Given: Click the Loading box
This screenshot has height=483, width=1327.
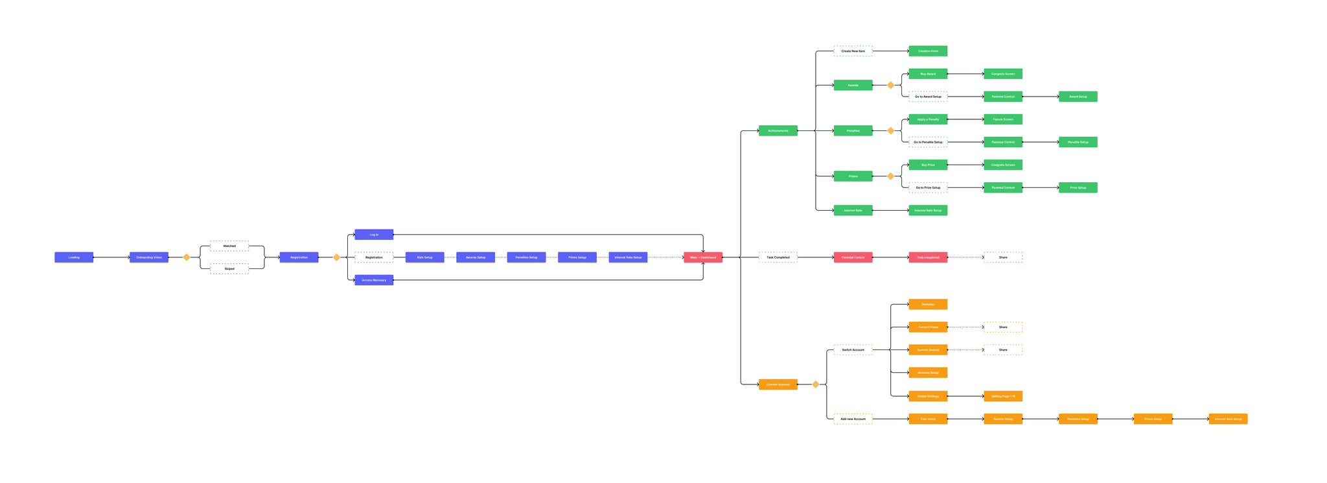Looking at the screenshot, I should click(x=74, y=257).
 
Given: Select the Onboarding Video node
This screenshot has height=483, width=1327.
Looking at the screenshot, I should click(x=149, y=257).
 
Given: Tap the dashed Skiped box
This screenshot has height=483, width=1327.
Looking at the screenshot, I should click(x=229, y=268).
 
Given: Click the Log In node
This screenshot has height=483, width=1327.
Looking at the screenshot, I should click(x=374, y=235).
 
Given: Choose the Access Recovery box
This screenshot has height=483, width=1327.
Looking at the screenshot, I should click(x=374, y=280).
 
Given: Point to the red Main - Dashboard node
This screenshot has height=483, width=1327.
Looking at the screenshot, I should click(x=703, y=257).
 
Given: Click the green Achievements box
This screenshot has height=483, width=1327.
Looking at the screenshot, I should click(x=778, y=131).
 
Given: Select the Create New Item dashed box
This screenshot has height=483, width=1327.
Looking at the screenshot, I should click(x=853, y=51).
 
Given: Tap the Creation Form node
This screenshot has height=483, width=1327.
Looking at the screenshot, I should click(x=928, y=51).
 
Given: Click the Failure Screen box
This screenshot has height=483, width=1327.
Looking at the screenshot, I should click(x=1003, y=119).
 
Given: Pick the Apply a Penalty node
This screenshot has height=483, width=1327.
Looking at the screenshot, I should click(x=928, y=119).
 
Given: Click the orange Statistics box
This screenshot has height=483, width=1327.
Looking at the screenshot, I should click(x=928, y=304).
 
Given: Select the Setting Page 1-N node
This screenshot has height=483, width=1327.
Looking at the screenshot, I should click(x=1003, y=396).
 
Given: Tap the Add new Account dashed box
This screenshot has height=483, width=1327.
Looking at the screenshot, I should click(x=853, y=419).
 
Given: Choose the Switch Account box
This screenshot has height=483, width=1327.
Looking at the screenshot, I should click(x=853, y=350).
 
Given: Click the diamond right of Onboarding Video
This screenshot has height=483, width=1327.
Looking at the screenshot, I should click(x=187, y=257).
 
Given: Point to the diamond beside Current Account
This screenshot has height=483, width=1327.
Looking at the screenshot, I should click(x=816, y=384).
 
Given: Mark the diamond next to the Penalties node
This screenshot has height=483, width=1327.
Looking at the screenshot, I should click(x=890, y=131).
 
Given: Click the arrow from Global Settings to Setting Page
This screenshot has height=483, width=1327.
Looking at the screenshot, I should click(x=965, y=396).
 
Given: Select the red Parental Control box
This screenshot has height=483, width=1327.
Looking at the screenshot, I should click(x=853, y=257).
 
